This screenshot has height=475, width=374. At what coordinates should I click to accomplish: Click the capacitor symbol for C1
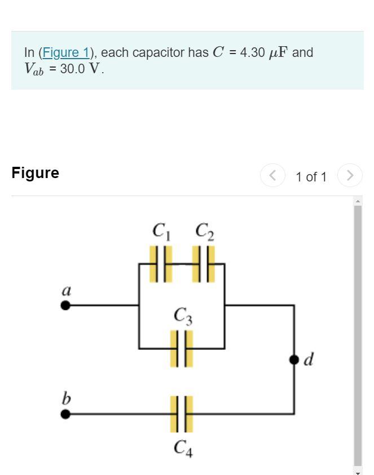click(161, 264)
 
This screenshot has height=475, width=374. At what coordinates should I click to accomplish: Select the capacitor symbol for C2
click(204, 264)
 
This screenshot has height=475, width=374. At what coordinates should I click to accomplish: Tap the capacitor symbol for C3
click(182, 349)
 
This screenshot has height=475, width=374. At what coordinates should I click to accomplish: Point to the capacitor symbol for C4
click(182, 414)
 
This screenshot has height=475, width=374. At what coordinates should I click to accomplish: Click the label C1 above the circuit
click(161, 231)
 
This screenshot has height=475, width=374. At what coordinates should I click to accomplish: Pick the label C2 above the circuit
click(204, 231)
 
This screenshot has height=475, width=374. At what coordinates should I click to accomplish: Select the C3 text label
click(183, 316)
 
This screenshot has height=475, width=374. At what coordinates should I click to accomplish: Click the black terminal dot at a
click(66, 305)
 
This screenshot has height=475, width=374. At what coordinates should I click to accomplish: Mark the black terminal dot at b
click(66, 414)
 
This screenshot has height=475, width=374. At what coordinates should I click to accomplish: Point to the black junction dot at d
click(294, 359)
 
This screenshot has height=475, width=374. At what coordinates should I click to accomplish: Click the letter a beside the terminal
click(66, 291)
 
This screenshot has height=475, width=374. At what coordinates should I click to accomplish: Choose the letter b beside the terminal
click(66, 398)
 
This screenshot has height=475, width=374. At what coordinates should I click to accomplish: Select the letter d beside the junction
click(308, 359)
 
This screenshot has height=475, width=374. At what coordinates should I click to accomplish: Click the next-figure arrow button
click(350, 176)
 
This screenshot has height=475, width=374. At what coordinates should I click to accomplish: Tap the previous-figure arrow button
click(272, 176)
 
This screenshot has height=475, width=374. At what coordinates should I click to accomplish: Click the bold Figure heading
click(35, 173)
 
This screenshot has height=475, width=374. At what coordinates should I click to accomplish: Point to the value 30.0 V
click(82, 70)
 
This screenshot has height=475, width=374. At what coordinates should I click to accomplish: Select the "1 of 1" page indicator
click(311, 177)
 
